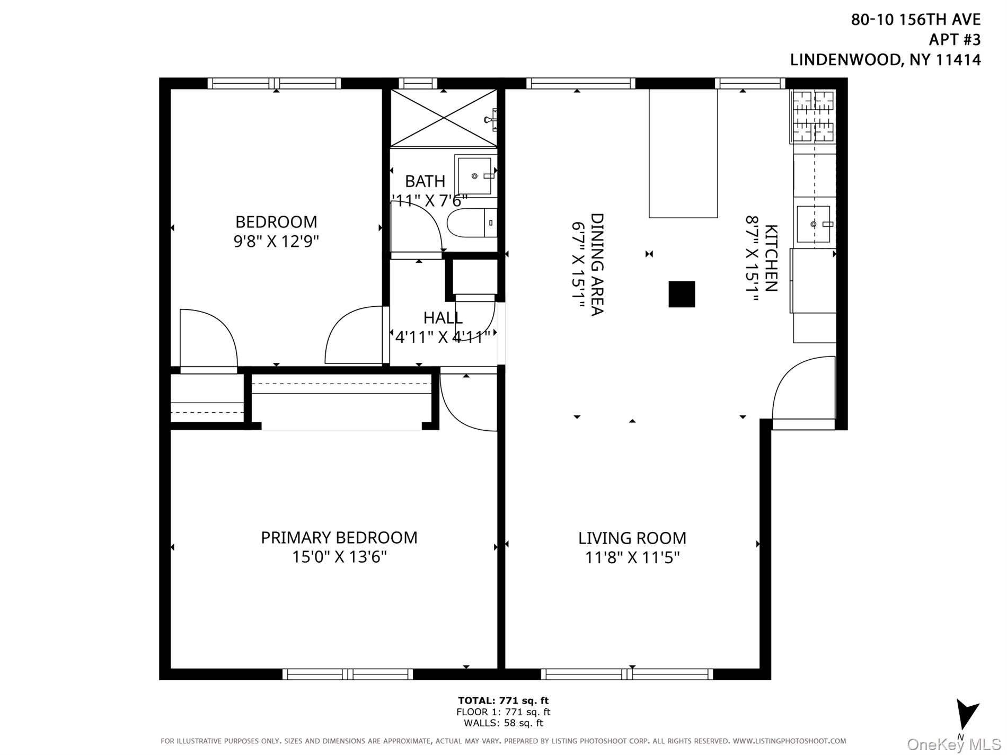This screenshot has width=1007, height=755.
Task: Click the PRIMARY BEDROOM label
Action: coord(339,537)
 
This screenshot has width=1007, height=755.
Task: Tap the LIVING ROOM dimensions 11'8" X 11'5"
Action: coord(632,557)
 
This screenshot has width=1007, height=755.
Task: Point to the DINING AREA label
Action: coord(597,264)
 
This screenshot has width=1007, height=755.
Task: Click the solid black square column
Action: coord(682,294)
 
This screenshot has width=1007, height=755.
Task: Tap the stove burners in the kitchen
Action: coord(812,116)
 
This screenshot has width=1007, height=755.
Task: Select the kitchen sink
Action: coord(814,224)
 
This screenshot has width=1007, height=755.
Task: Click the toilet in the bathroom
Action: coord(471,223)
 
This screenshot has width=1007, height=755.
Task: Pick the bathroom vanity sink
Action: coord(475,175)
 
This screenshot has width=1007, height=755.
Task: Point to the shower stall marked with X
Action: coord(443,118)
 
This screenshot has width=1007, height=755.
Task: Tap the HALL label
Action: coord(443,317)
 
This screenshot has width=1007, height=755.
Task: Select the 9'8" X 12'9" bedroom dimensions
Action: coord(276,242)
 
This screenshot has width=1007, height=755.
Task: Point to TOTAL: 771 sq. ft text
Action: coord(503,700)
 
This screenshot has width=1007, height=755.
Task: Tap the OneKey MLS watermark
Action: coord(953,744)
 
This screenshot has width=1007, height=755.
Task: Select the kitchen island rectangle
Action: coord(683,153)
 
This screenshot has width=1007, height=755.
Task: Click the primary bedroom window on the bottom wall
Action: coord(347,674)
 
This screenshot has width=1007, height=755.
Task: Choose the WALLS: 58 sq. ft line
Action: coord(503,723)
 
